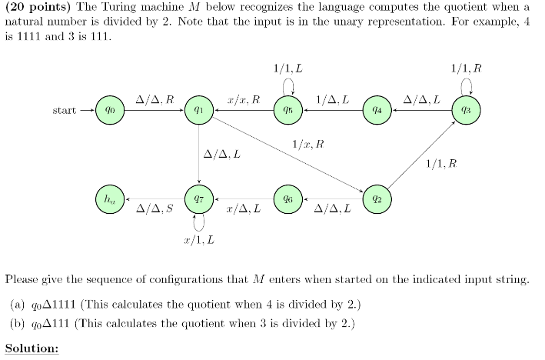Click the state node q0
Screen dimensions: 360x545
(x=110, y=111)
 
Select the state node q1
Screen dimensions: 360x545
(x=199, y=111)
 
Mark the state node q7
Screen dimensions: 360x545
(x=199, y=198)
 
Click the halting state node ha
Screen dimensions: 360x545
(x=110, y=198)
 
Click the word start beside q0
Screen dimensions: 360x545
(x=65, y=111)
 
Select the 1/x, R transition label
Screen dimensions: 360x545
(x=308, y=144)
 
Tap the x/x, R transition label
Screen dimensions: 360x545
(x=244, y=100)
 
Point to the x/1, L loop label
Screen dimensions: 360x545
(x=199, y=241)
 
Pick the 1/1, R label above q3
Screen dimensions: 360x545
(x=467, y=68)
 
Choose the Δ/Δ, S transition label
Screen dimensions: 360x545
(x=154, y=209)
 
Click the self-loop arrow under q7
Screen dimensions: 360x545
(x=199, y=222)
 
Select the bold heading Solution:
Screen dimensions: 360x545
(x=32, y=348)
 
